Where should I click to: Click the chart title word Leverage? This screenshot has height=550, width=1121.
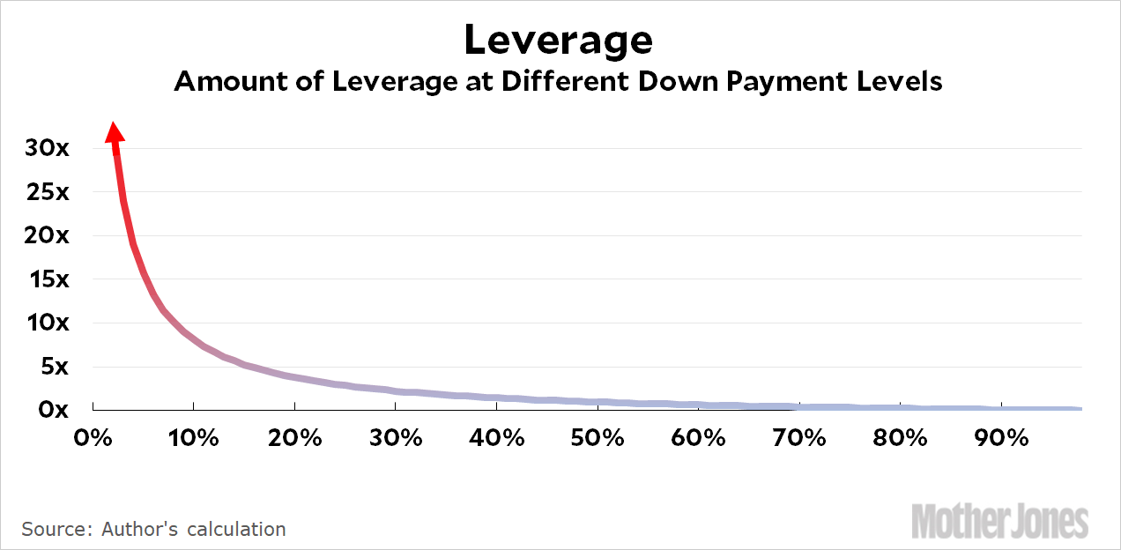tap(559, 41)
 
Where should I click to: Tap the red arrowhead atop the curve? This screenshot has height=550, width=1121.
tap(115, 132)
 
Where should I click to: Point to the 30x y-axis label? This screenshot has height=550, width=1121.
tap(47, 148)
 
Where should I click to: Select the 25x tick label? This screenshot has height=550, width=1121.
tap(47, 192)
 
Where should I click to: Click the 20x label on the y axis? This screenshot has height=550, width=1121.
tap(47, 235)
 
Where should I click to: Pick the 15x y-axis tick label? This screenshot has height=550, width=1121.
tap(47, 279)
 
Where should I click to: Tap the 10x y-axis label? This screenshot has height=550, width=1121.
tap(47, 323)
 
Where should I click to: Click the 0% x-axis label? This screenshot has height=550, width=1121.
tap(93, 437)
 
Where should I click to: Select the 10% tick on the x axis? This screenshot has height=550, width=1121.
tap(194, 437)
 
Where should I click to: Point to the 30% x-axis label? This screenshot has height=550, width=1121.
tap(396, 437)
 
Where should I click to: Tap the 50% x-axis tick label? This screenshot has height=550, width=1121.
tap(598, 437)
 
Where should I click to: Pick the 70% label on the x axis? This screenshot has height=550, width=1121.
tap(800, 437)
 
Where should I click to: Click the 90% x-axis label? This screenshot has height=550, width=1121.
tap(1002, 437)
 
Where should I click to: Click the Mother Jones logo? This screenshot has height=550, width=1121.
tap(1000, 521)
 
